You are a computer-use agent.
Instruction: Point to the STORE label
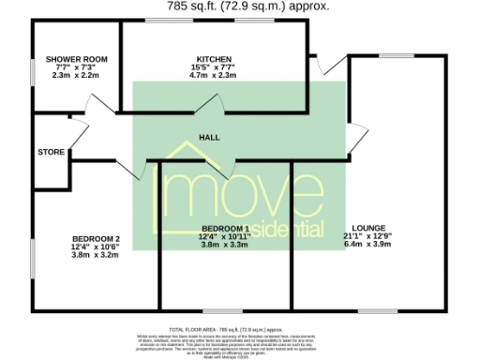51,152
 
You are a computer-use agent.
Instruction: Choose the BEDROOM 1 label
225,229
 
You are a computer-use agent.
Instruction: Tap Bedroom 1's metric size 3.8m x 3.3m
225,246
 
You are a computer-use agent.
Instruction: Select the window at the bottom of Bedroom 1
224,310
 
